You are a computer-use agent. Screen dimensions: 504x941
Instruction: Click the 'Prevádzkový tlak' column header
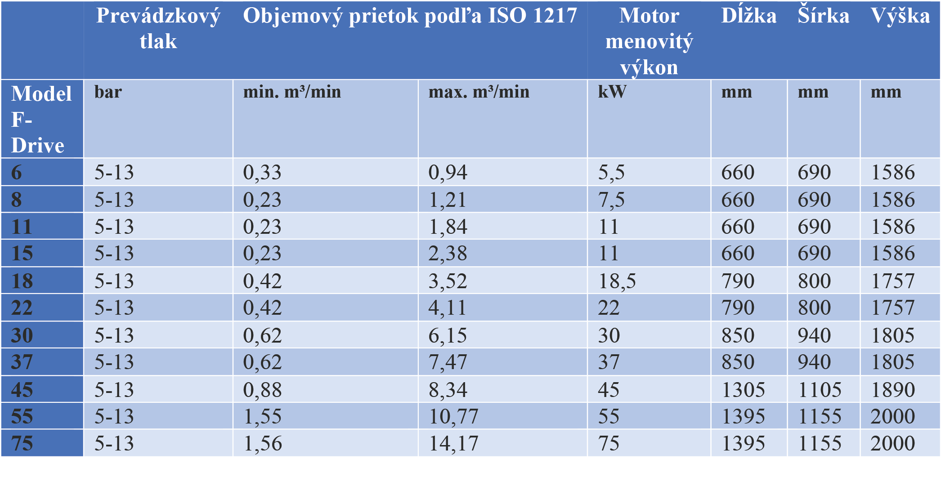point(158,28)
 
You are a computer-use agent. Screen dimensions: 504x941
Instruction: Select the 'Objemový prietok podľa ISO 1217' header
point(410,16)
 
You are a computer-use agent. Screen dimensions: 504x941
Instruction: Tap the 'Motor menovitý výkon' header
point(649,41)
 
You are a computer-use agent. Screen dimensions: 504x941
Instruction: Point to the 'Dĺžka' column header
point(749,16)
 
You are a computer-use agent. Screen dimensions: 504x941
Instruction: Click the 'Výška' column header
point(900,16)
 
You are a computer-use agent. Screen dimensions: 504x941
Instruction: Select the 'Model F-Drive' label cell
point(41,119)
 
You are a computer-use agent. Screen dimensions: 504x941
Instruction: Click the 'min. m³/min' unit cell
point(292,92)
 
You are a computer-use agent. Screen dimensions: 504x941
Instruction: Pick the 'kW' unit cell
point(612,92)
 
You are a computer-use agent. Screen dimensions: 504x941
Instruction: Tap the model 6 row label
point(17,173)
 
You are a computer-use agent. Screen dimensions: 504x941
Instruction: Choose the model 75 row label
point(22,443)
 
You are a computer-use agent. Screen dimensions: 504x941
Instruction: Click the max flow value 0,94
point(448,173)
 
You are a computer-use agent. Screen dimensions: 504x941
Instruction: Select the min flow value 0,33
point(262,173)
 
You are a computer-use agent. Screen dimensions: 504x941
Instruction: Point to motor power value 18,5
point(617,281)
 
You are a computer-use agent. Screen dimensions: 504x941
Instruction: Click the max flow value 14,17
point(453,444)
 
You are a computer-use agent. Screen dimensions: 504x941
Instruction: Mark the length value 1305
point(743,390)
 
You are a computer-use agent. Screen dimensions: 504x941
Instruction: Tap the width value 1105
point(820,390)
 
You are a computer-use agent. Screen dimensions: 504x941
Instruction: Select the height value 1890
point(893,390)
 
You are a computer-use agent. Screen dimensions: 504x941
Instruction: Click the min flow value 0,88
point(262,390)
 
